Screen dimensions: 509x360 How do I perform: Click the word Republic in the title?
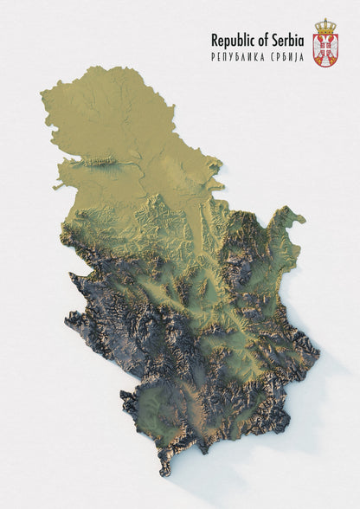coord(233,40)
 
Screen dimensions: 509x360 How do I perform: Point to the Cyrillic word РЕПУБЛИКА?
coord(239,57)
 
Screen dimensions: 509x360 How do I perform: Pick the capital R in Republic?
coord(215,39)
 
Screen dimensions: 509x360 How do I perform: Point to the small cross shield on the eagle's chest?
coord(325,50)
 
